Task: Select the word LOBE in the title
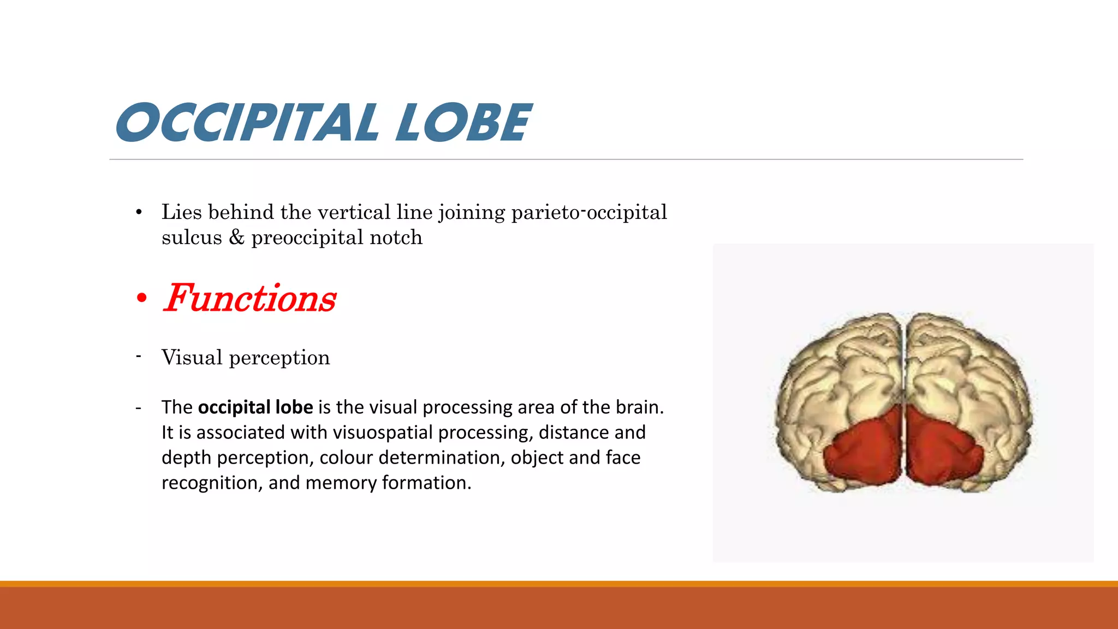pos(463,123)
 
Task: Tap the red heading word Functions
pos(250,299)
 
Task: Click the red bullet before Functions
pos(142,299)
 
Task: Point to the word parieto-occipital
pos(589,212)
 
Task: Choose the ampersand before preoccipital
pos(236,238)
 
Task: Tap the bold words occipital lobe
pos(255,407)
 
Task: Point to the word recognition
pos(210,483)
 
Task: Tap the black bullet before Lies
pos(139,212)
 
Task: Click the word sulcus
pos(192,238)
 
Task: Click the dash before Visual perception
pos(139,357)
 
